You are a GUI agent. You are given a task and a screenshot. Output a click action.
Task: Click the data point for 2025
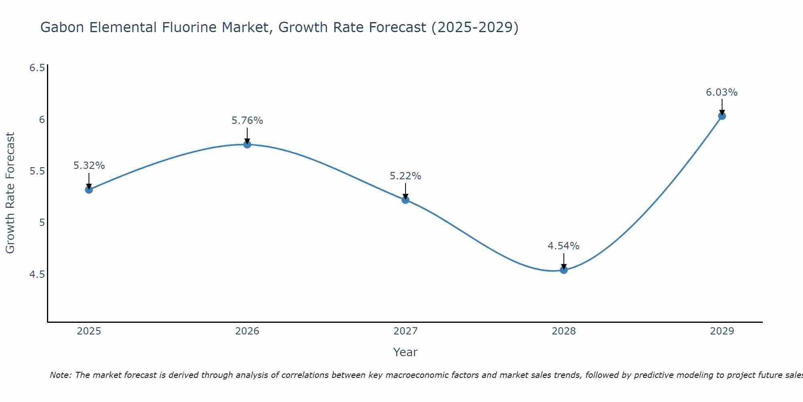[x=89, y=189]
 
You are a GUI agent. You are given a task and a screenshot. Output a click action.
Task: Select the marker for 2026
[x=247, y=144]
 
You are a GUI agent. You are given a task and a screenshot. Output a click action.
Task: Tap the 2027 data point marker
[x=406, y=200]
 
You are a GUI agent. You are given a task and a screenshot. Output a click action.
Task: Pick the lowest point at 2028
[x=564, y=270]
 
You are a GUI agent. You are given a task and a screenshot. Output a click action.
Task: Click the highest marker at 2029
[x=722, y=116]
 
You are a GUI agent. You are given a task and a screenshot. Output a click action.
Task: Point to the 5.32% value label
[x=89, y=166]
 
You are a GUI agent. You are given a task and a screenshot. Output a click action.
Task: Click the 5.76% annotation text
[x=247, y=121]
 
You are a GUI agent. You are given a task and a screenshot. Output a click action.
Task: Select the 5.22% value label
[x=406, y=176]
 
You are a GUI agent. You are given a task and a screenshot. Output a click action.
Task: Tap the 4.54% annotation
[x=564, y=246]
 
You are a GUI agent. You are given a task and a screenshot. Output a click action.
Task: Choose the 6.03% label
[x=722, y=92]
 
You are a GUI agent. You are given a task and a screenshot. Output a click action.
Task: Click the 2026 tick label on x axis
[x=247, y=331]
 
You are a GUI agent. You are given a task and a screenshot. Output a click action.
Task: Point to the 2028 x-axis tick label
[x=564, y=331]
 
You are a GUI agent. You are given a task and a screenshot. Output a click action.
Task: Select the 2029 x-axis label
[x=722, y=331]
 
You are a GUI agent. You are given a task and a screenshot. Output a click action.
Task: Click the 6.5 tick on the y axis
[x=37, y=68]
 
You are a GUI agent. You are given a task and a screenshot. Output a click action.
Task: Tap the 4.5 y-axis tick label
[x=37, y=275]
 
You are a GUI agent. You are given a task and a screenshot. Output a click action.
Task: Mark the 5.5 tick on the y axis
[x=37, y=171]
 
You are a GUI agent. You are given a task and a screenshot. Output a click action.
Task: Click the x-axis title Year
[x=406, y=352]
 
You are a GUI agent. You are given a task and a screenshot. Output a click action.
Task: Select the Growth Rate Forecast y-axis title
[x=10, y=193]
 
